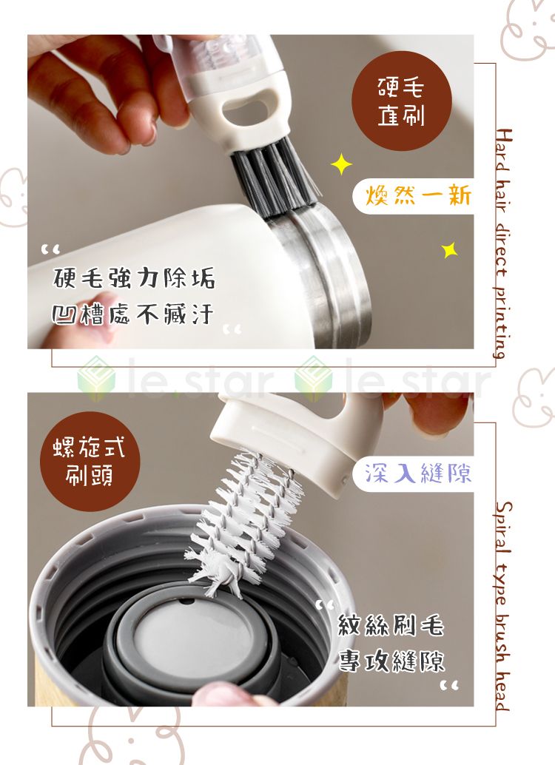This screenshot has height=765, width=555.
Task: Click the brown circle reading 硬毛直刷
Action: (x=401, y=101)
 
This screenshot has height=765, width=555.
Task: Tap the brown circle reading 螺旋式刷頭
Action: (x=90, y=461)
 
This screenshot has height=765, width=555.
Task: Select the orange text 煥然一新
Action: (x=419, y=197)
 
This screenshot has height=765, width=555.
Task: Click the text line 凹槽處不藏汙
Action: (x=133, y=315)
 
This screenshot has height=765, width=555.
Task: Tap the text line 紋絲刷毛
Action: (x=391, y=626)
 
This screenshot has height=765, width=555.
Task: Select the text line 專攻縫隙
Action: (x=391, y=661)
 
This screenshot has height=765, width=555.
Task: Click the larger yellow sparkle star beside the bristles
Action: (x=341, y=164)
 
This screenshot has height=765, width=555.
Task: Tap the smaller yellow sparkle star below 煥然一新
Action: (x=449, y=250)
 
